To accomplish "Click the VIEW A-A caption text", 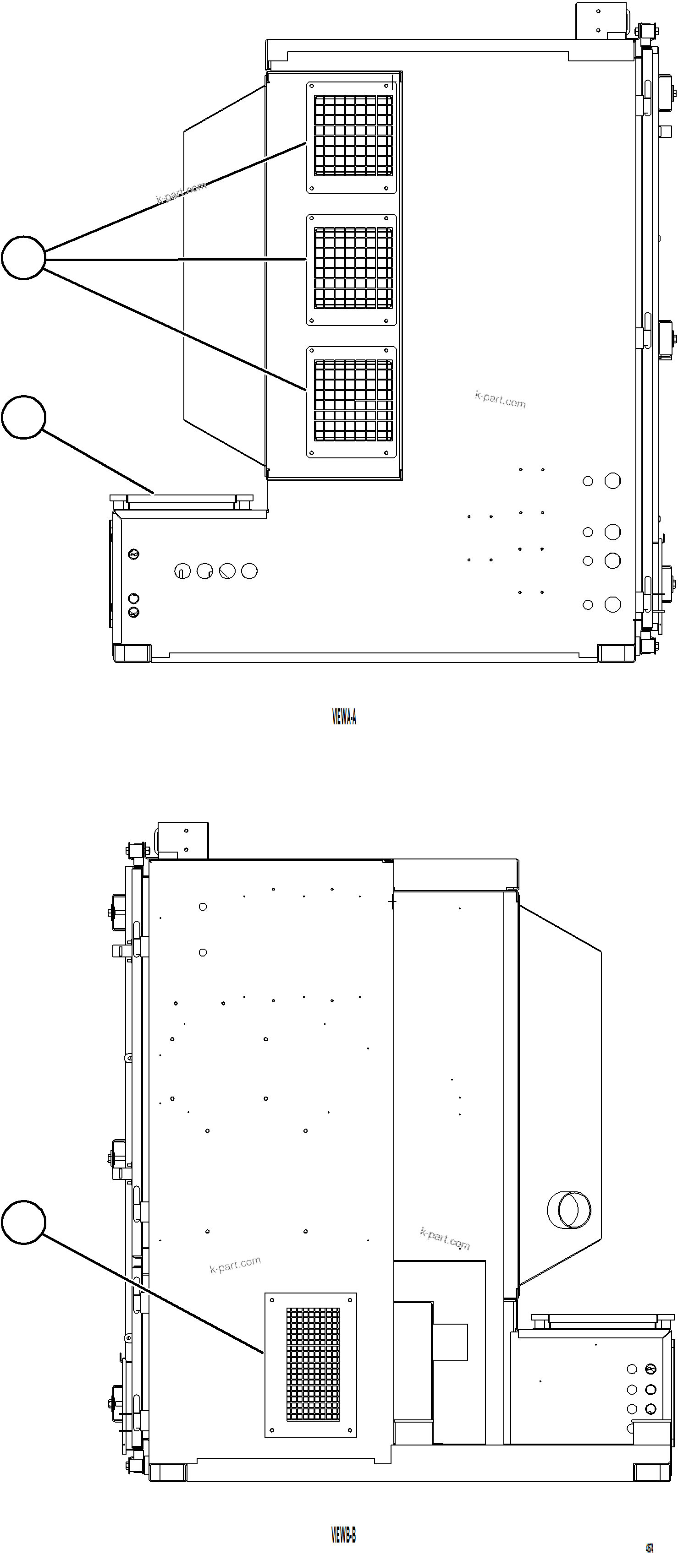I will [344, 717].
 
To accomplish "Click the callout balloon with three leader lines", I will [23, 258].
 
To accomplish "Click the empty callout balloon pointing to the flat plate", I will [23, 418].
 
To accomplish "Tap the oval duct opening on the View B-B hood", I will [569, 1210].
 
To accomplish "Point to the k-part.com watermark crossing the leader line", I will [181, 192].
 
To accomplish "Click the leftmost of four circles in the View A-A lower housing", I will [182, 571].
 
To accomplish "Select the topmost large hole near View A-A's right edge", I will [612, 481].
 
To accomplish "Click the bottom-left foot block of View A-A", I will [132, 653].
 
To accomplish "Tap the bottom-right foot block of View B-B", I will [652, 1472].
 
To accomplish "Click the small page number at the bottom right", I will [649, 1543].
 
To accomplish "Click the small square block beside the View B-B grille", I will [450, 1342].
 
